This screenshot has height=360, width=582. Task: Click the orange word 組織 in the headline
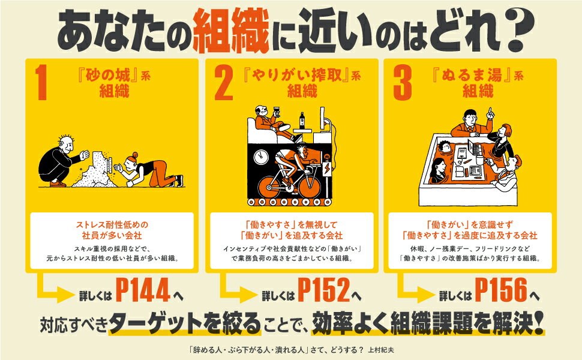pyautogui.click(x=230, y=31)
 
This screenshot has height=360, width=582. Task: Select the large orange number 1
pyautogui.click(x=42, y=82)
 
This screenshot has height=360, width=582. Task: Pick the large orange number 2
pyautogui.click(x=223, y=82)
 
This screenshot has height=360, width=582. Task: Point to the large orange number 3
pyautogui.click(x=403, y=82)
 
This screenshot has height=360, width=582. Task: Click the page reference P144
pyautogui.click(x=143, y=290)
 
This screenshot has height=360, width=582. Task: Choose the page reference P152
pyautogui.click(x=324, y=290)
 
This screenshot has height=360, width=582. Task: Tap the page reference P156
pyautogui.click(x=501, y=290)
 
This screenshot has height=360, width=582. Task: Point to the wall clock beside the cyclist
pyautogui.click(x=261, y=157)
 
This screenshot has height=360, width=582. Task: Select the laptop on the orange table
pyautogui.click(x=475, y=148)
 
